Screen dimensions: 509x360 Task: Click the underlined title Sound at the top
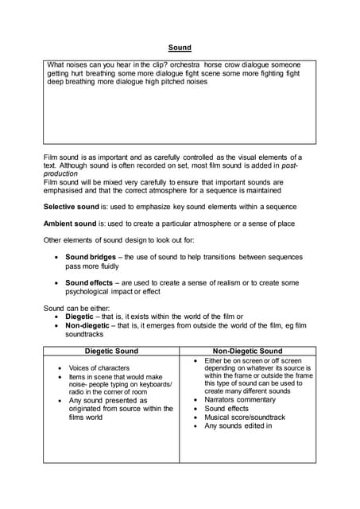[x=180, y=48]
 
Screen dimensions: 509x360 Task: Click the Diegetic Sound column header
[x=111, y=351]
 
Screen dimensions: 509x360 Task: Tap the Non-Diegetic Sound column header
[x=247, y=351]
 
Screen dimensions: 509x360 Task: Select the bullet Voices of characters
[x=99, y=368]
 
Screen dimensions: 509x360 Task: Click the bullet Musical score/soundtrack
[x=245, y=418]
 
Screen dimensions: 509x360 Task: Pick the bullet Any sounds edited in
[x=238, y=426]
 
